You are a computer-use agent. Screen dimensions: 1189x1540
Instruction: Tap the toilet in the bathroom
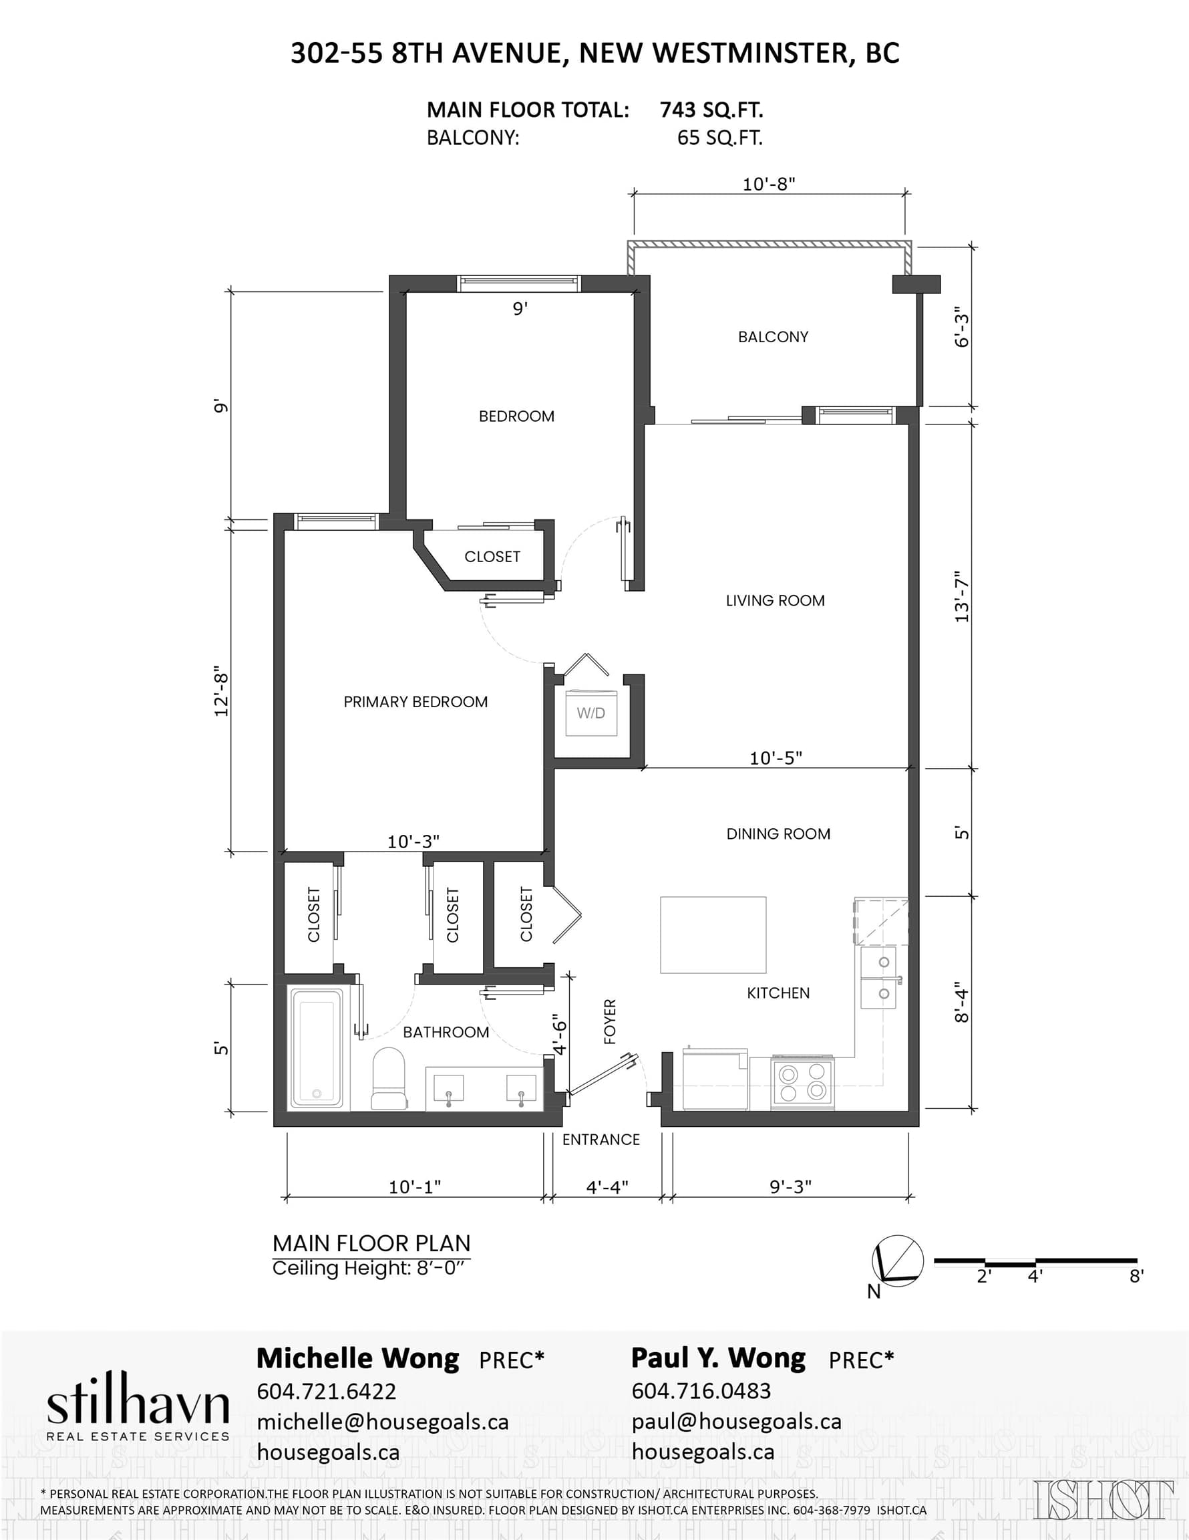tap(389, 1078)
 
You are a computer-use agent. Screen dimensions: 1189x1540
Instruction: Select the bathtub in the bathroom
tap(317, 1047)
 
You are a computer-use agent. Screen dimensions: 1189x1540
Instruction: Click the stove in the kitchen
tap(802, 1081)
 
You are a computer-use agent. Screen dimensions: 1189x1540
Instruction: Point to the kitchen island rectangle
tap(713, 935)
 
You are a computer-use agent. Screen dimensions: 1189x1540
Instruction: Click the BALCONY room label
tap(773, 337)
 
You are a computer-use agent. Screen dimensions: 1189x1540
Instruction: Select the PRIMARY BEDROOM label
tap(416, 702)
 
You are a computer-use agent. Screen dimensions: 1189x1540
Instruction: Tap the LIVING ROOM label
tap(776, 601)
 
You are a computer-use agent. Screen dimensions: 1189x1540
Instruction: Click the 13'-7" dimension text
tap(962, 596)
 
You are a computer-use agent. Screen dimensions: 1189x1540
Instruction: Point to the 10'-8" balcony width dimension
tap(769, 184)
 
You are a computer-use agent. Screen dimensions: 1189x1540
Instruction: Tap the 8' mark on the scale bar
tap(1136, 1275)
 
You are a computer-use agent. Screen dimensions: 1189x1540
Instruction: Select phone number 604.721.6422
tap(327, 1390)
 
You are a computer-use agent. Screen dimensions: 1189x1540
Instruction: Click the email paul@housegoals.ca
tap(737, 1422)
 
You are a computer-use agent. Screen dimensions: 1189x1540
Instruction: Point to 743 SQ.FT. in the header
tap(712, 110)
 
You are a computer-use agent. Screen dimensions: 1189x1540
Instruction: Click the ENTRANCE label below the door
tap(601, 1140)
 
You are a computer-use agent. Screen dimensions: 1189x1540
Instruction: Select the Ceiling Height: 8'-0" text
tap(369, 1269)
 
